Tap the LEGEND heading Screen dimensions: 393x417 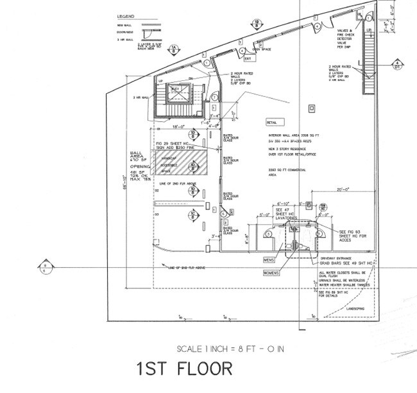click(x=126, y=15)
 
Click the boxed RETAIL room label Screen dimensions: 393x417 click(x=275, y=122)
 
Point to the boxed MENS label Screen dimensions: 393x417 click(x=269, y=260)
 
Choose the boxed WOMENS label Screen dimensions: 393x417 click(x=271, y=272)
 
